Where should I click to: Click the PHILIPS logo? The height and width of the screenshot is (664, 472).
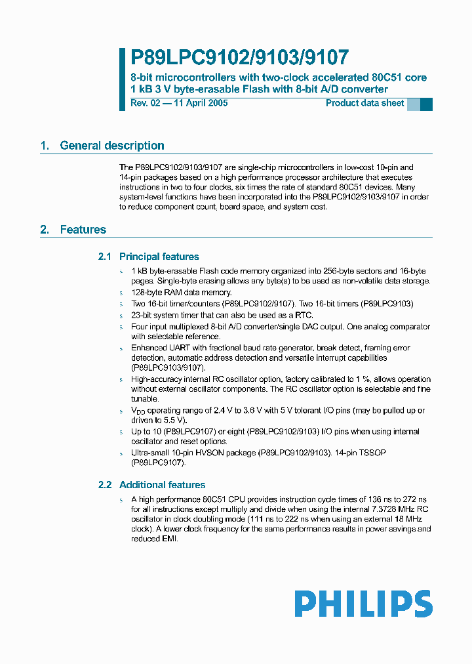363,604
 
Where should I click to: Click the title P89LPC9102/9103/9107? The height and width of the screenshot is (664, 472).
239,58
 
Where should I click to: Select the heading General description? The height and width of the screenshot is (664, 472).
112,146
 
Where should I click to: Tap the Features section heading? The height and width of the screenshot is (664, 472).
83,230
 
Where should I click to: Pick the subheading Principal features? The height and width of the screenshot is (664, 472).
159,257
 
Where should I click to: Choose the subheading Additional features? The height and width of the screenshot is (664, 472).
162,485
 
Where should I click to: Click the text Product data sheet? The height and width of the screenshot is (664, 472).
365,104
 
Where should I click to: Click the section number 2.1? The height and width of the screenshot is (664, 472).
105,257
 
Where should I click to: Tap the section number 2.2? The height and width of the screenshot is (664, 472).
105,485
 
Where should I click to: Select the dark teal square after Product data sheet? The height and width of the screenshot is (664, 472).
426,104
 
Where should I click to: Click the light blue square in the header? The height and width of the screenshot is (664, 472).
414,104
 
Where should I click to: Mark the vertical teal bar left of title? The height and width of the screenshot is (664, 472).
122,79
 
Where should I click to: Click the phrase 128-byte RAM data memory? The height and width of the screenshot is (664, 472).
182,293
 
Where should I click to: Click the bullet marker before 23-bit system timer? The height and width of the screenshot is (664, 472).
121,316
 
